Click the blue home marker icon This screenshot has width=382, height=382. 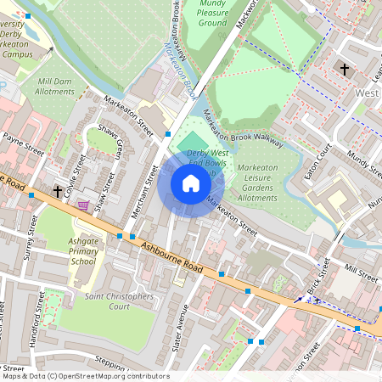coord(191,183)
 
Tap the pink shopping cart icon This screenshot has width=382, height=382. coord(83,205)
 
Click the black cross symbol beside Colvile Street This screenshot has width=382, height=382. coord(58,192)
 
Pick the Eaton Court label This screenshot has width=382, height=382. coord(317,161)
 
